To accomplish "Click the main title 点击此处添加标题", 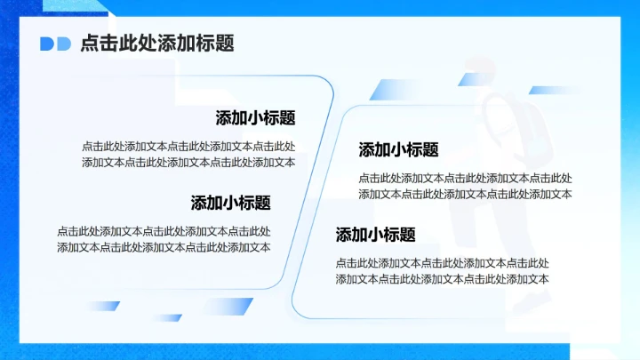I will click(x=156, y=44).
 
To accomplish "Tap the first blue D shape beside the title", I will click(x=47, y=44).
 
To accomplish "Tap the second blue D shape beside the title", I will click(x=64, y=44).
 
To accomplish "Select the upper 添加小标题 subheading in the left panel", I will click(x=255, y=118).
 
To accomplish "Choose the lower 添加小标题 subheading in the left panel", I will click(x=230, y=203).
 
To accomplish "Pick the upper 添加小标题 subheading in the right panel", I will click(x=398, y=149).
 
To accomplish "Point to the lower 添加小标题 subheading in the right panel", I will click(x=375, y=235).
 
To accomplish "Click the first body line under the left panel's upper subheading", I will click(x=188, y=147).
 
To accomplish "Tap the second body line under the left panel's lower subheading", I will click(x=164, y=247).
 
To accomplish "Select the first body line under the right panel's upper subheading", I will click(x=465, y=178).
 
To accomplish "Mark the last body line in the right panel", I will click(x=442, y=279).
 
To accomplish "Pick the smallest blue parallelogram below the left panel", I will click(x=167, y=317).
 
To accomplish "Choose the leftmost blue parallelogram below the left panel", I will click(x=101, y=306).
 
